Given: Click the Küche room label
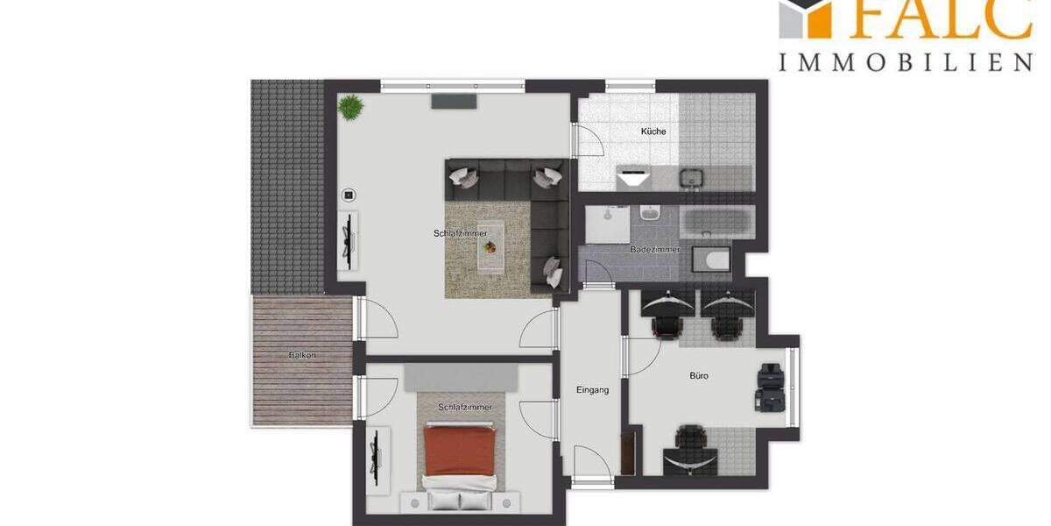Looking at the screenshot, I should point(653,131).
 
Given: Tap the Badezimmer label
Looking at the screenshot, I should point(655,250).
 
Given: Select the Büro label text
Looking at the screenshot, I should point(698,376).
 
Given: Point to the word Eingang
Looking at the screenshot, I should point(592,390).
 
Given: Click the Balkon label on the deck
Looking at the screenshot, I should point(301,356).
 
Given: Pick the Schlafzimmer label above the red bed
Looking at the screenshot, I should point(465,408).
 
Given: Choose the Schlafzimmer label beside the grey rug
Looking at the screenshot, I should point(460,233).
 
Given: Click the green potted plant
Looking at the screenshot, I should point(350,107).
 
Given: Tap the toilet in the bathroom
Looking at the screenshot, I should point(709,259).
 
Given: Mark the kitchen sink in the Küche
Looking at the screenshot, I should point(692,178).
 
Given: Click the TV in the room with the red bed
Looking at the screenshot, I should point(376,459).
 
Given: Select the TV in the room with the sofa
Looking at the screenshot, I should point(348,239).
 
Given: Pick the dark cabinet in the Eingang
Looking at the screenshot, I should point(627,452).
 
